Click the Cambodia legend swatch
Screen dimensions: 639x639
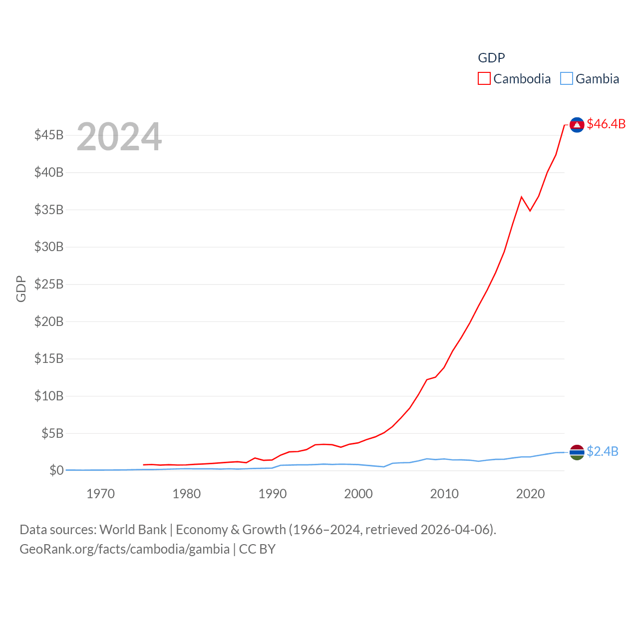[484, 78]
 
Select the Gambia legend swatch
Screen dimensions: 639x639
[566, 78]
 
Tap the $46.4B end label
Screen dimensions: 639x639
[606, 124]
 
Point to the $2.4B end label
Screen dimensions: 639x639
[603, 451]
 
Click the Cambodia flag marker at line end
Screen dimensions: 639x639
[577, 125]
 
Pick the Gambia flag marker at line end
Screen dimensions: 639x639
[577, 452]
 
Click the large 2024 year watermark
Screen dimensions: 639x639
[119, 137]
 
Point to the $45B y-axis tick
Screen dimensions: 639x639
[49, 135]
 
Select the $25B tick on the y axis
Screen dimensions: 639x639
[49, 284]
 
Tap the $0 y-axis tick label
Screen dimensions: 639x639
[56, 470]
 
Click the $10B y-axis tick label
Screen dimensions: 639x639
[49, 396]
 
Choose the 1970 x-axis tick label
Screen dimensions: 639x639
[100, 494]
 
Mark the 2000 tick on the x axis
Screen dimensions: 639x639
[358, 494]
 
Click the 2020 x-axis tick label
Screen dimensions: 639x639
[530, 494]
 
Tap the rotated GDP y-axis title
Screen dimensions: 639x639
[21, 289]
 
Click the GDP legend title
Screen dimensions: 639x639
[491, 58]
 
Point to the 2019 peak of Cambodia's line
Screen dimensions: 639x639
[521, 197]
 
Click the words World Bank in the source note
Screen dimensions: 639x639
[133, 529]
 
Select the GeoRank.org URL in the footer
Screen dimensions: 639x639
[124, 549]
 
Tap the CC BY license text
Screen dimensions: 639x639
[257, 549]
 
